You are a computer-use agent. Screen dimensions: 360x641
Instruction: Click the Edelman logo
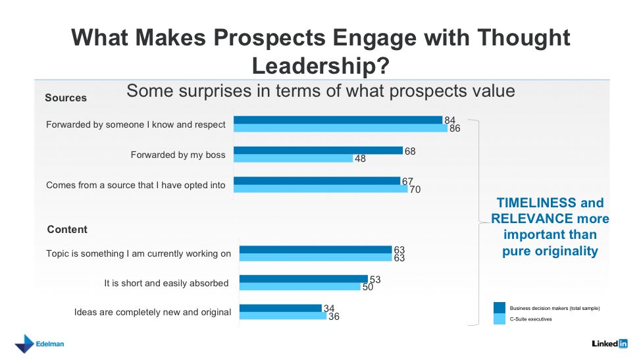tap(39, 344)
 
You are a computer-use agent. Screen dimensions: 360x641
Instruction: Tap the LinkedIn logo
tap(609, 344)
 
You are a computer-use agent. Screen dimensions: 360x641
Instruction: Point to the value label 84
tap(450, 120)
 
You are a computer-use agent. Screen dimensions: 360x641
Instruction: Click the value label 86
tap(455, 128)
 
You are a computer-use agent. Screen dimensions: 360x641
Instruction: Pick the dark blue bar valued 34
tap(280, 308)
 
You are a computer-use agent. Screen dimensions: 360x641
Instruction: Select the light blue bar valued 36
tap(282, 316)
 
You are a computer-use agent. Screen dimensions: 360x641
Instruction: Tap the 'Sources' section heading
tap(66, 98)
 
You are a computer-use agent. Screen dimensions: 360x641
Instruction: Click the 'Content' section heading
tap(67, 230)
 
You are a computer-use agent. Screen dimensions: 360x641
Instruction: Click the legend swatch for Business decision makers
tap(500, 307)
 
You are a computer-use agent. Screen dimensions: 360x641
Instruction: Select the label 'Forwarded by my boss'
tap(178, 155)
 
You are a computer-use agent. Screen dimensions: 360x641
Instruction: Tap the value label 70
tap(415, 190)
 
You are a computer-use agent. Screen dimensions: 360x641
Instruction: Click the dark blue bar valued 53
tap(303, 279)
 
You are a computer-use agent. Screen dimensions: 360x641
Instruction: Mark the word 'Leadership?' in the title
tap(320, 65)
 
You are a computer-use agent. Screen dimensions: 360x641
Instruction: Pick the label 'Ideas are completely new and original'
tap(153, 312)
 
